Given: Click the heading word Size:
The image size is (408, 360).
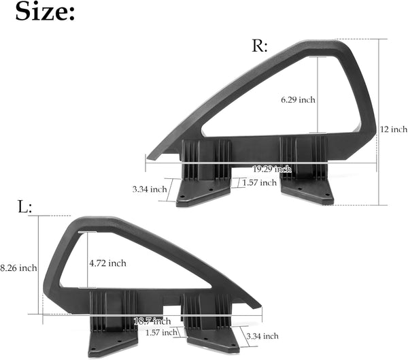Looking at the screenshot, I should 46,12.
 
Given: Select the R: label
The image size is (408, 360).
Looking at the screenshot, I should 260,46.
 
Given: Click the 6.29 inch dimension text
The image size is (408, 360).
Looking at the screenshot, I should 298,100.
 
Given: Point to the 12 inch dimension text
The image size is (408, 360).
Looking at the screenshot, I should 394,129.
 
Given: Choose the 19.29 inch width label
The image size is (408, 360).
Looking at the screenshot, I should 271,169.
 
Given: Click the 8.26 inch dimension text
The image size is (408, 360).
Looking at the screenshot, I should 18,268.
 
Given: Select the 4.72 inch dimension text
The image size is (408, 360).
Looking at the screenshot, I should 107,263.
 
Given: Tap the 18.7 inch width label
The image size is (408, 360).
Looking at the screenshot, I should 152,321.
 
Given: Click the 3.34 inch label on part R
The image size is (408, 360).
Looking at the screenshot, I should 149,189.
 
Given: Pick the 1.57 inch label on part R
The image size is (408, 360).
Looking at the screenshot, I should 259,183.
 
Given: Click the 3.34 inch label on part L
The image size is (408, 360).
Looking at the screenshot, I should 261,336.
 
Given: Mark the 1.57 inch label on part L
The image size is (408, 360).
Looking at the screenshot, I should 161,333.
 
